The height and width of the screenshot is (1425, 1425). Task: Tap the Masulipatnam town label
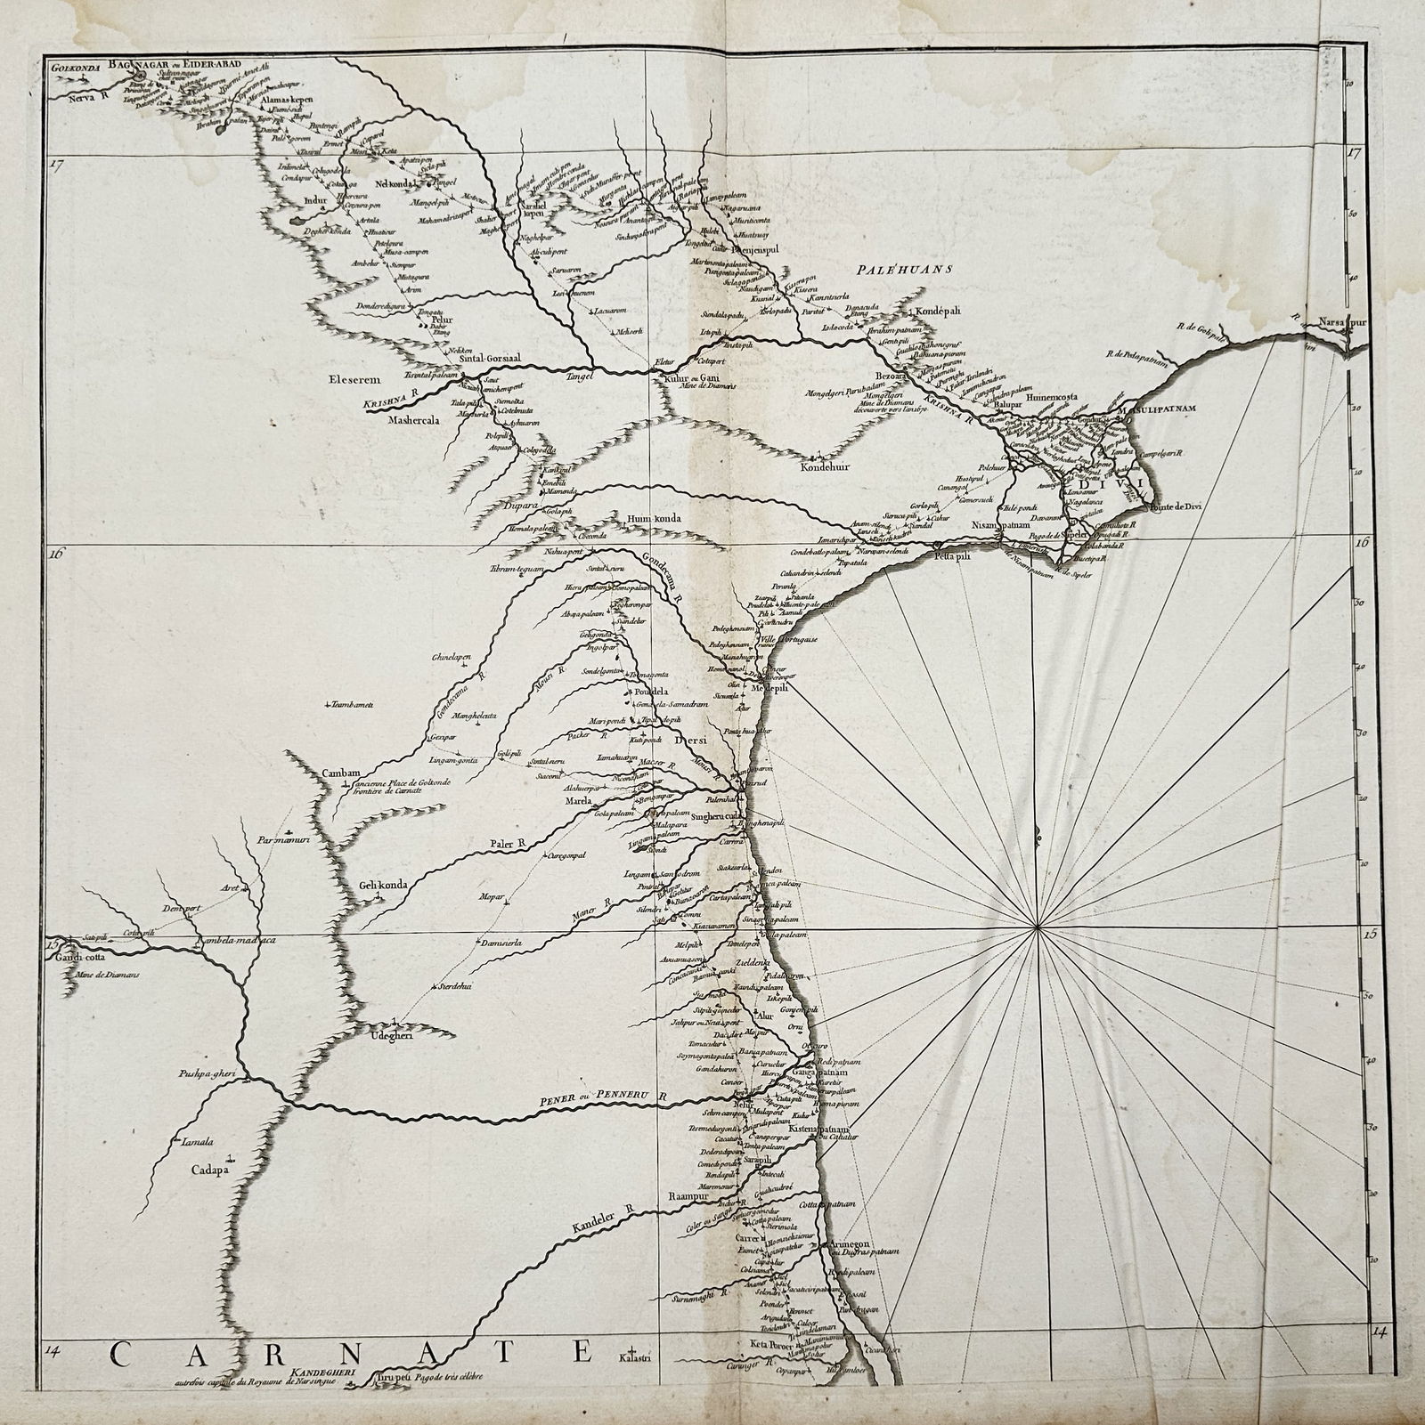pyautogui.click(x=1157, y=409)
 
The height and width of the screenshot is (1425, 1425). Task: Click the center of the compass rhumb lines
pyautogui.click(x=1038, y=929)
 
